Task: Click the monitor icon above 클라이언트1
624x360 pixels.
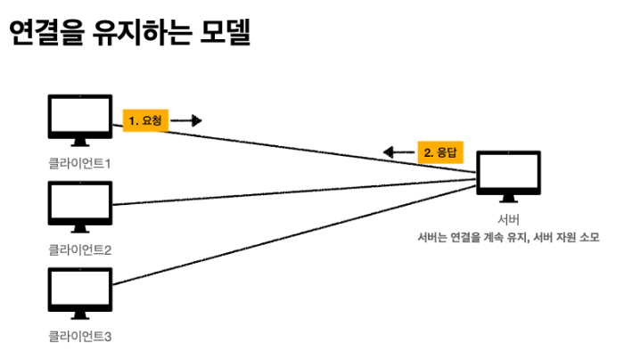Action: [79, 121]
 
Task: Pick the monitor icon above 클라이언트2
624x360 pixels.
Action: [79, 208]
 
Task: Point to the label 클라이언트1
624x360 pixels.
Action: [79, 163]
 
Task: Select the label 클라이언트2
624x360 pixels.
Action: [79, 250]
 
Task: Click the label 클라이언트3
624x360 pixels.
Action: [79, 337]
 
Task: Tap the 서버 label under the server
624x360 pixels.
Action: [508, 219]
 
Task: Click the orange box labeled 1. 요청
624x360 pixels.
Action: [144, 119]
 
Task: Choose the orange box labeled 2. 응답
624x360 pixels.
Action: [440, 152]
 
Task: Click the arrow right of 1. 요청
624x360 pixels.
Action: [188, 120]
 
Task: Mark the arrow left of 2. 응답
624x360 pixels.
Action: [398, 153]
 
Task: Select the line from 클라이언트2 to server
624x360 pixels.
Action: [294, 193]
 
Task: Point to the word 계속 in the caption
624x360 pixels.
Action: [487, 237]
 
